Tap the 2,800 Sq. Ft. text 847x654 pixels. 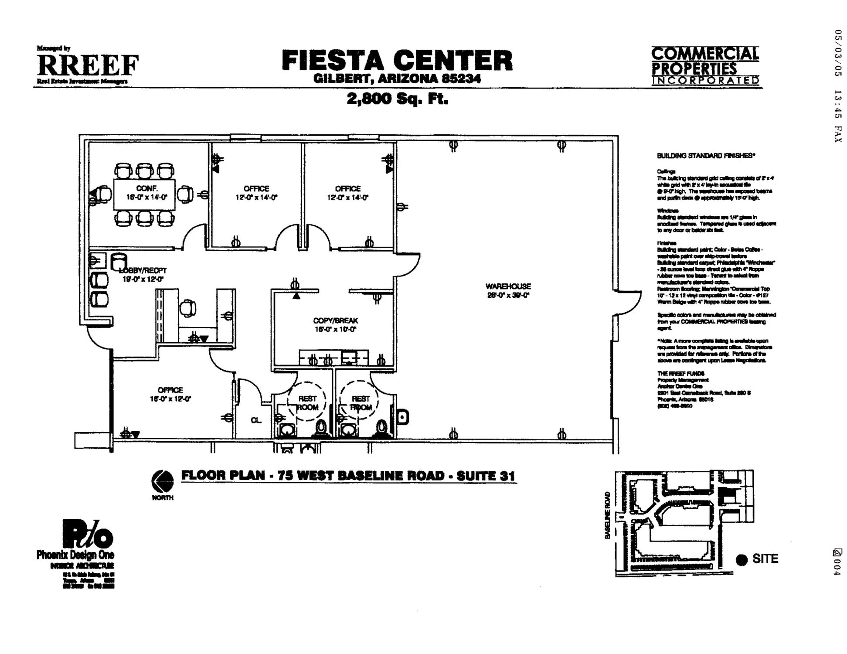(397, 99)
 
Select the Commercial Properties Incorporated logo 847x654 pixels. (705, 65)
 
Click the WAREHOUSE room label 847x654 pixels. (508, 286)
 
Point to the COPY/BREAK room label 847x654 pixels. (335, 320)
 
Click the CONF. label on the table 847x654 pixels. (146, 188)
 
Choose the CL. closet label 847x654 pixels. (256, 420)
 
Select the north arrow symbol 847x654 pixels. (162, 481)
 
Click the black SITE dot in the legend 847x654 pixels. (742, 560)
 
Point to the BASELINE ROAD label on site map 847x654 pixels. (607, 515)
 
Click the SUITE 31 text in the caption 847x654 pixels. (486, 476)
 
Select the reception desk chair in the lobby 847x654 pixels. (188, 308)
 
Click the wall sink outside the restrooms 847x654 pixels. (403, 417)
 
